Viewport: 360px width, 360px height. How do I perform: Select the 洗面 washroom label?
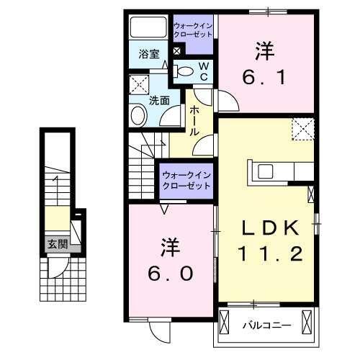pos(159,101)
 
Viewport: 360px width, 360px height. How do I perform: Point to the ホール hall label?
pos(194,121)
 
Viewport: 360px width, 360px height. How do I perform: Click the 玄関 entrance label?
pos(58,244)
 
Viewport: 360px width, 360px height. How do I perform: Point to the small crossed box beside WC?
pos(177,52)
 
